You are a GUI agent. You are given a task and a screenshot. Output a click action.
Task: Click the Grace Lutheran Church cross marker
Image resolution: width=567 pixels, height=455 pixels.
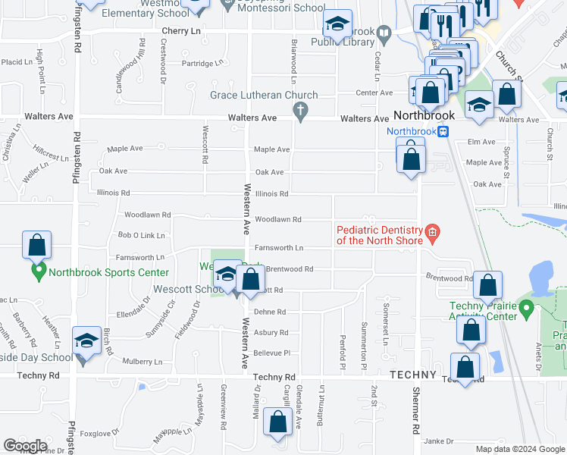[301, 111]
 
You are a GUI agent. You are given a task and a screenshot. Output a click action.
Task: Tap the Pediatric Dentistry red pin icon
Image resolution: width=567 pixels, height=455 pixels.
[432, 232]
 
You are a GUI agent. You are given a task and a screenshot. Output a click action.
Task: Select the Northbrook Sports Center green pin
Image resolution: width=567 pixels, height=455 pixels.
[36, 270]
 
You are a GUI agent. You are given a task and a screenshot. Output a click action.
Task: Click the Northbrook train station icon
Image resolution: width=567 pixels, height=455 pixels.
[445, 130]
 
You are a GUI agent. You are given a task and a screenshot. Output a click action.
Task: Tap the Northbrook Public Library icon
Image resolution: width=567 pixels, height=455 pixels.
[384, 33]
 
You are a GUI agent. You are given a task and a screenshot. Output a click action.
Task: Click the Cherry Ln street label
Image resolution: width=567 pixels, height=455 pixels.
[180, 30]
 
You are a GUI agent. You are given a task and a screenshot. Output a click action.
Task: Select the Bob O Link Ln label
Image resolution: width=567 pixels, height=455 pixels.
[141, 236]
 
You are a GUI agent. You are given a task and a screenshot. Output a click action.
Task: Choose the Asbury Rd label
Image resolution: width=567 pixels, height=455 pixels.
[271, 333]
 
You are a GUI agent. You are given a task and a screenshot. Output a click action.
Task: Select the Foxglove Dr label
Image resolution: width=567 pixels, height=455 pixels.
[96, 435]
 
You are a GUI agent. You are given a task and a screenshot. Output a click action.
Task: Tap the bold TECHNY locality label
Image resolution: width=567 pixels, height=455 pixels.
[413, 375]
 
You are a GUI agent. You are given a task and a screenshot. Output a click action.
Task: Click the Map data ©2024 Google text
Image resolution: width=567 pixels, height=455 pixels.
[519, 449]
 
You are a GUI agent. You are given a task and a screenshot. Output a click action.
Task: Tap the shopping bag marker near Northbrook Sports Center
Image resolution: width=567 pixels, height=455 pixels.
[36, 246]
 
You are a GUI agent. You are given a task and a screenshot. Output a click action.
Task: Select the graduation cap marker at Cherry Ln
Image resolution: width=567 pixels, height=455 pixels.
[337, 25]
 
